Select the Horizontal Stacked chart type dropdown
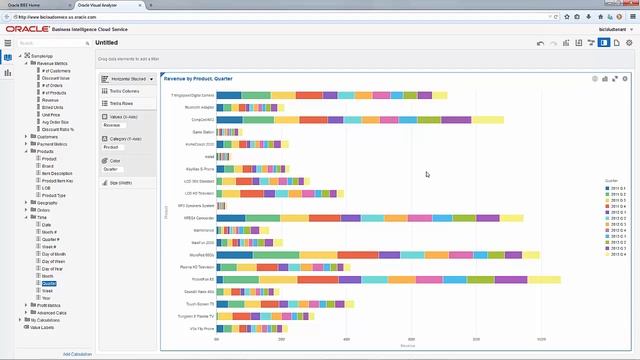coord(127,77)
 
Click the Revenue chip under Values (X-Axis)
coord(112,125)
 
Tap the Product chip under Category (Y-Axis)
coord(111,147)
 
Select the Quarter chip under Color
coord(110,169)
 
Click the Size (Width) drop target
coord(120,183)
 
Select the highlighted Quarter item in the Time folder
coord(49,283)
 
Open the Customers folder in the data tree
coord(47,136)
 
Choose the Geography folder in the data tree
coord(47,202)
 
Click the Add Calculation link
coord(77,354)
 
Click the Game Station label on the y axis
coord(202,131)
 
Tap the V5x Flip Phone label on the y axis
coord(202,328)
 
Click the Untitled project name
coord(106,43)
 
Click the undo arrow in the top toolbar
coord(540,43)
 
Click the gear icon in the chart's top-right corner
coord(626,78)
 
